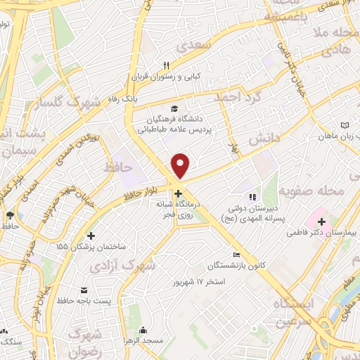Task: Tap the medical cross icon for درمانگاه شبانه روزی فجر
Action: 179,193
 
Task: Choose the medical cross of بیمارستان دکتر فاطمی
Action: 321,242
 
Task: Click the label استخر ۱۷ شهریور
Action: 200,282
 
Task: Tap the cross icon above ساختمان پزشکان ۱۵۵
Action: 91,236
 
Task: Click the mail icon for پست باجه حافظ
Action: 85,290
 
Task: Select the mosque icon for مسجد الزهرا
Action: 143,330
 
